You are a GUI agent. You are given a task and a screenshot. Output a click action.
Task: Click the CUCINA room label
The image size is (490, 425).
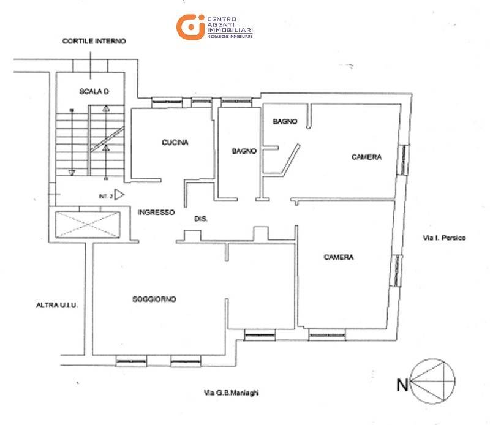point(175,143)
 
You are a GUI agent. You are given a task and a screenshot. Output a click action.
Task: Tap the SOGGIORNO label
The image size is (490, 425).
point(154,299)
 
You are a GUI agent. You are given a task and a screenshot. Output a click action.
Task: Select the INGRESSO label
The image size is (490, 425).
point(156,212)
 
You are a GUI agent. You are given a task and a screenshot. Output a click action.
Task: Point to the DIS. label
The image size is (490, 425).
point(200,219)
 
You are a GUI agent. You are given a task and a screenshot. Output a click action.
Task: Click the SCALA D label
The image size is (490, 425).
point(94,92)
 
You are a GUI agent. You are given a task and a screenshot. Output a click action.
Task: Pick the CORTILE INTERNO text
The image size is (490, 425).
point(94,42)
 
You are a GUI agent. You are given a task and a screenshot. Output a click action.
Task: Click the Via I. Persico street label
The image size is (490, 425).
point(445,238)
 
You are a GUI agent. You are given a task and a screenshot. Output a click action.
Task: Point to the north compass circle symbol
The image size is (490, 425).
point(434,381)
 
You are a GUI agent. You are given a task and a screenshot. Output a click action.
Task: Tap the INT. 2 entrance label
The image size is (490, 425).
point(105,197)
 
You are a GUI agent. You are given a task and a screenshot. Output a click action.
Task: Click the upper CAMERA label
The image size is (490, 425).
point(366,157)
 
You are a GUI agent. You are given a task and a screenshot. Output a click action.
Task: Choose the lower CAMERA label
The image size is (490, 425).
point(338,257)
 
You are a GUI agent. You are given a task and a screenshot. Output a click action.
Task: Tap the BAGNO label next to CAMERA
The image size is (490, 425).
point(284,122)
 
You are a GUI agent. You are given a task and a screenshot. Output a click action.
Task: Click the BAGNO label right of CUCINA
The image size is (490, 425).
point(243,151)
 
